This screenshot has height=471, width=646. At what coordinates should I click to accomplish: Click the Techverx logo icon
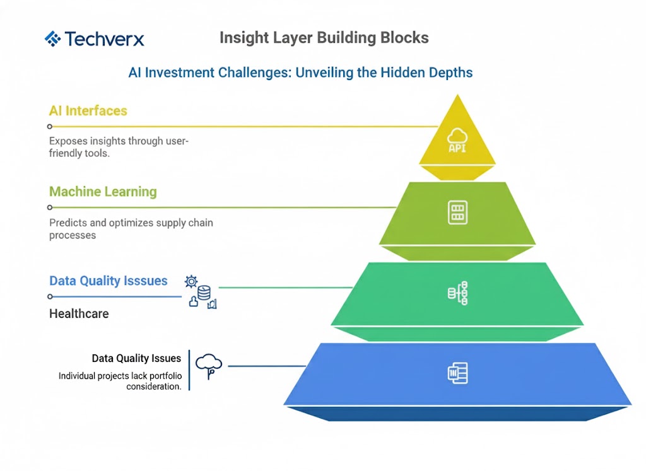click(x=52, y=39)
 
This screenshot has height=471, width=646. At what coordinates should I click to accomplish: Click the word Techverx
click(x=104, y=39)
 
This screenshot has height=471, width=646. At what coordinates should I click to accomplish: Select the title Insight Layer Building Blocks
click(x=324, y=38)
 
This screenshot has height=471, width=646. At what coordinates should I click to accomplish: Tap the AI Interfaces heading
click(x=88, y=111)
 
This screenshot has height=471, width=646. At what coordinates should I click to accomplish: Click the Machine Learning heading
click(x=103, y=192)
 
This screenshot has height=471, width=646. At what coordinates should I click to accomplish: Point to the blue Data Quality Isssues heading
click(x=109, y=281)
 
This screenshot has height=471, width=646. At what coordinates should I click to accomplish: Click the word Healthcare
click(x=79, y=313)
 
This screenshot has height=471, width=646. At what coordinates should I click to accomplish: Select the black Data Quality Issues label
click(x=136, y=358)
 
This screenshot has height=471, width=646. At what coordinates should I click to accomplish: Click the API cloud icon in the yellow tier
click(x=457, y=140)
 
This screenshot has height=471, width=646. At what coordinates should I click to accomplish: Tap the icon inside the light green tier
click(x=457, y=212)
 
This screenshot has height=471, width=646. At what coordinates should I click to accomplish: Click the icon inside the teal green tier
click(x=457, y=293)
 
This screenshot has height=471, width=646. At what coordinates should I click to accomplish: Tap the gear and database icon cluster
click(x=201, y=291)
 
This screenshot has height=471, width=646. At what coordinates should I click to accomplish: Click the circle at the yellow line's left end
click(x=50, y=127)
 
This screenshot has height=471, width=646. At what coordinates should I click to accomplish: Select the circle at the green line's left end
click(x=50, y=207)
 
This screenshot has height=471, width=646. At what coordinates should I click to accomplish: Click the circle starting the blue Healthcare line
click(x=50, y=296)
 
